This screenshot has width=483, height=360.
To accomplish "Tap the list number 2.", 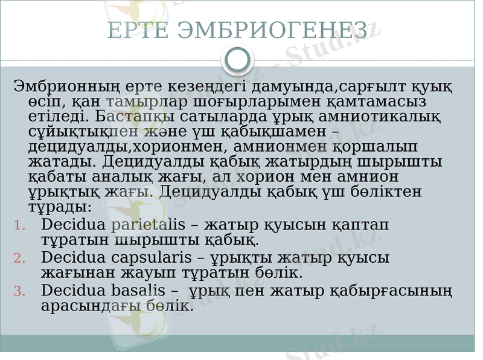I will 19,259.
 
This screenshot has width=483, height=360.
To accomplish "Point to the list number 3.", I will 19,292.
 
